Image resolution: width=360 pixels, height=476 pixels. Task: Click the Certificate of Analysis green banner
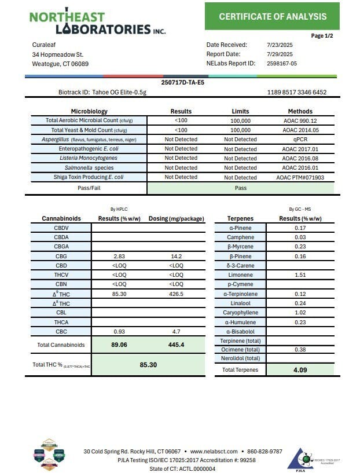pyautogui.click(x=272, y=16)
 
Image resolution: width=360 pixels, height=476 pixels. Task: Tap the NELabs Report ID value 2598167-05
pyautogui.click(x=282, y=64)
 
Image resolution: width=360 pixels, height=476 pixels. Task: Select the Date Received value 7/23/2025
pyautogui.click(x=280, y=45)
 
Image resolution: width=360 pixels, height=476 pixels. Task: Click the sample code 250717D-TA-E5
pyautogui.click(x=182, y=83)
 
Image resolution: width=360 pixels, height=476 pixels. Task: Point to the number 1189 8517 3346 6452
pyautogui.click(x=297, y=92)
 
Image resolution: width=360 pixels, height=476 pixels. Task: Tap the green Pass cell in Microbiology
pyautogui.click(x=240, y=188)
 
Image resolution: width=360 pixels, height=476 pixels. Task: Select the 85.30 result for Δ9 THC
pyautogui.click(x=120, y=294)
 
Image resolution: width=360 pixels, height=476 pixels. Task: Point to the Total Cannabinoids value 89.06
pyautogui.click(x=120, y=345)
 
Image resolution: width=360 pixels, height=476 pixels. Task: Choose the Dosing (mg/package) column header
pyautogui.click(x=177, y=218)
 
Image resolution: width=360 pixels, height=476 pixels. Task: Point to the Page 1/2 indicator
pyautogui.click(x=322, y=36)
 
